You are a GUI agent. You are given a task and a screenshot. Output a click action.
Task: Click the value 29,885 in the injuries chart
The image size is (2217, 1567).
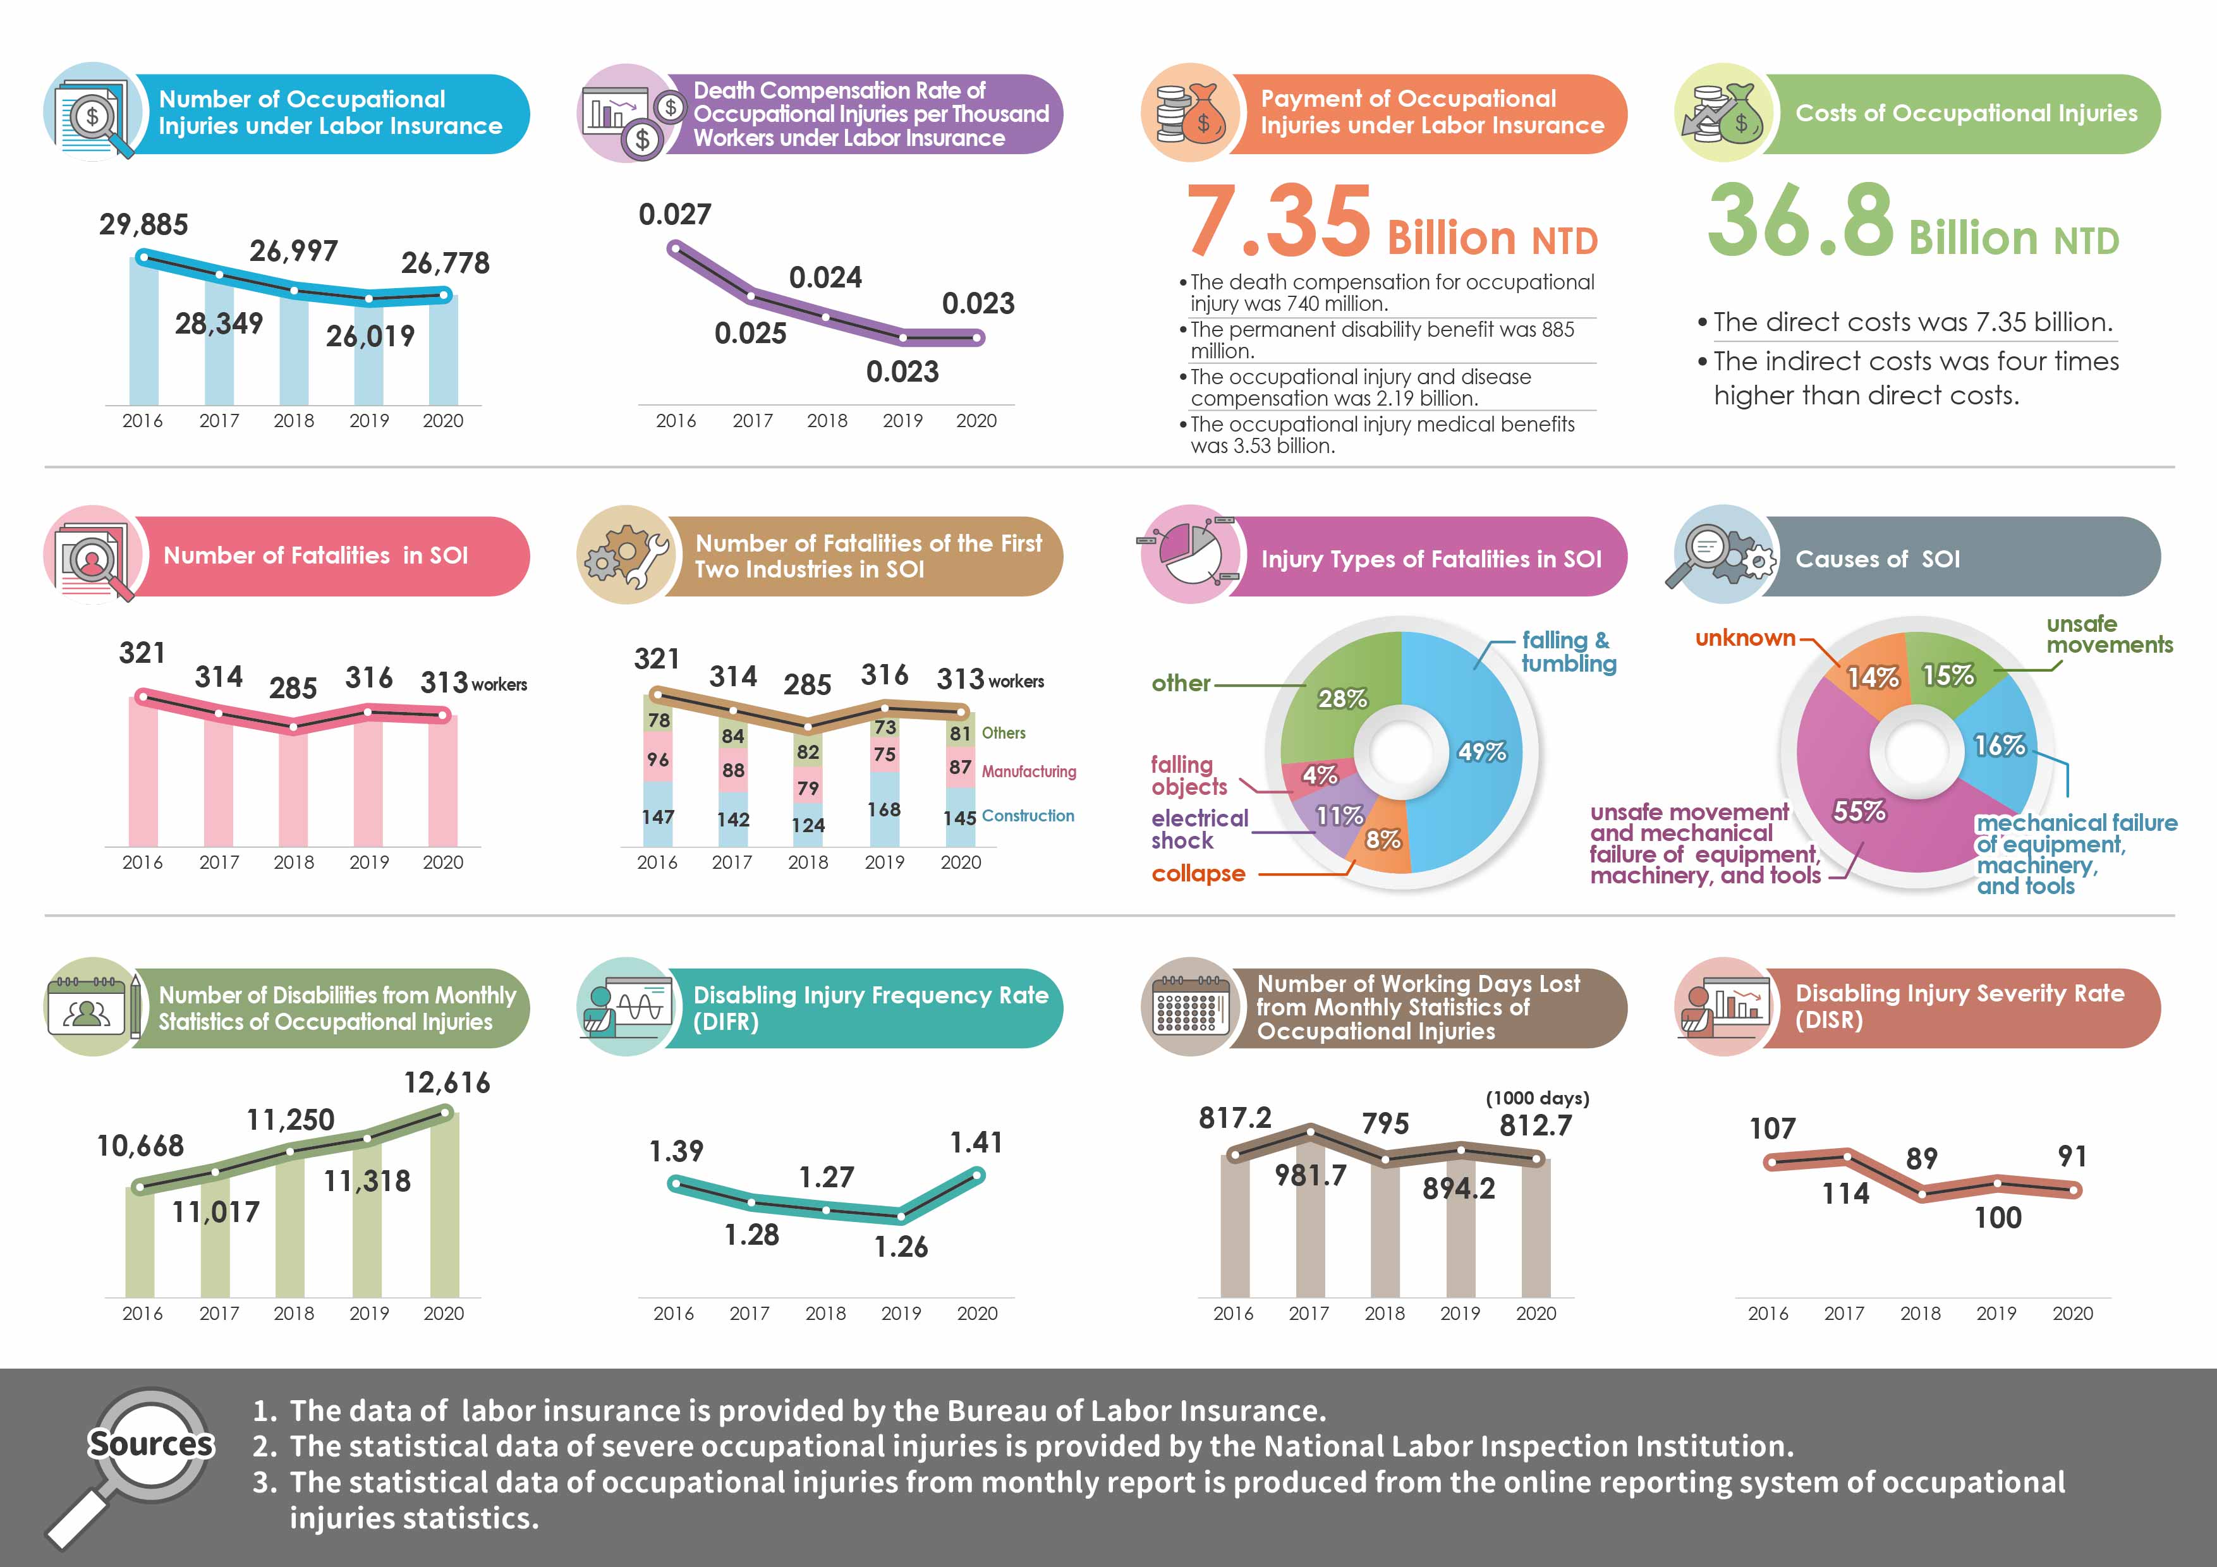pos(143,224)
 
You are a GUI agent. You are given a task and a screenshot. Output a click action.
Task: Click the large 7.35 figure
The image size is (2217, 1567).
pos(1277,224)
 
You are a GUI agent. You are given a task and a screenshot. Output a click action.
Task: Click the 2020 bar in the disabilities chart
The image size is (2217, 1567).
pos(444,1207)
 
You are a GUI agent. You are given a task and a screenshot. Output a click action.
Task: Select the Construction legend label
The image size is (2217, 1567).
pos(1028,816)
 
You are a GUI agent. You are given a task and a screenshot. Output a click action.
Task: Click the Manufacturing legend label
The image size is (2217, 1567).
pos(1028,771)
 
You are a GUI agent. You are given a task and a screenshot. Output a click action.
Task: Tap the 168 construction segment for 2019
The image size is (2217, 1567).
pos(884,809)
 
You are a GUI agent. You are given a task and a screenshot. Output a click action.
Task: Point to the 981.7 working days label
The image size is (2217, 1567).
pos(1310,1175)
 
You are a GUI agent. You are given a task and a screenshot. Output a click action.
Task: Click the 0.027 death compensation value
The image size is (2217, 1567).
pos(675,214)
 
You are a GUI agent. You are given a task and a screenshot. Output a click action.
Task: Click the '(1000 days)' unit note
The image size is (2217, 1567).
pos(1537,1098)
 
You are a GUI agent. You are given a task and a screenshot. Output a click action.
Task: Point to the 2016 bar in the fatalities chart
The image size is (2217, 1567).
pos(143,772)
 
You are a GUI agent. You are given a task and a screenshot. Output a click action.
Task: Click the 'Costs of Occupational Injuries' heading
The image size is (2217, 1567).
pos(1966,114)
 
